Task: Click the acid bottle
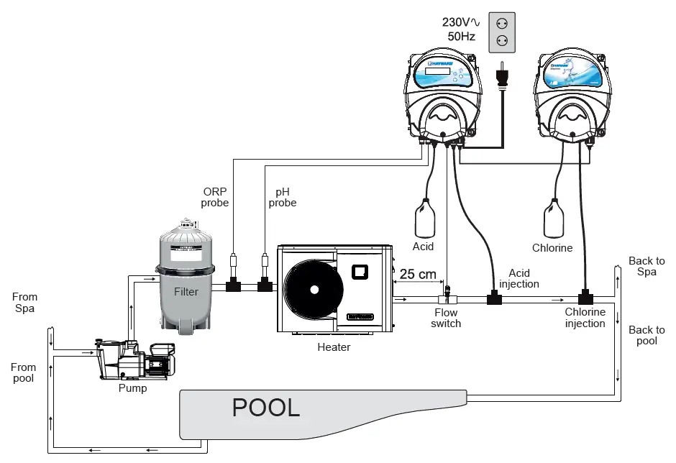click(424, 219)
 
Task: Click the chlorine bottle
click(554, 219)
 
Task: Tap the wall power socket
click(503, 32)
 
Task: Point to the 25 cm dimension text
click(418, 274)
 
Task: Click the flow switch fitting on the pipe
click(447, 295)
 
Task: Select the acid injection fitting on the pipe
click(494, 297)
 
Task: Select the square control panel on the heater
click(360, 272)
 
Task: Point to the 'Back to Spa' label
click(647, 267)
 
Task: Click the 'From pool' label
click(23, 372)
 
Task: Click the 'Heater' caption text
click(334, 347)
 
